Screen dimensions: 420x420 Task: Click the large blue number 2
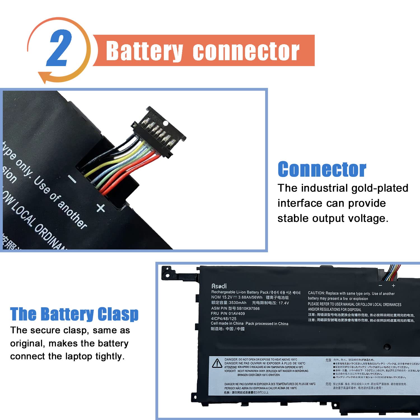coord(59,48)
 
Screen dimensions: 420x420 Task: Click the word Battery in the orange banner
coord(144,51)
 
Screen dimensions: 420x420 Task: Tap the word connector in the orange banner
coord(246,51)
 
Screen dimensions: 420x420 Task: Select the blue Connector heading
coord(322,169)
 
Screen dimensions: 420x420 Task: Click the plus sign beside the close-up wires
coord(101,208)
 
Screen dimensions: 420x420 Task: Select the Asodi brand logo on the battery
coord(219,286)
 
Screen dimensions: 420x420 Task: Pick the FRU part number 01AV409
coord(237,314)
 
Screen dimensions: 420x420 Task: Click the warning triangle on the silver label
coord(217,363)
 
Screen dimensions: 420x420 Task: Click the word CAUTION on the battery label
coord(316,293)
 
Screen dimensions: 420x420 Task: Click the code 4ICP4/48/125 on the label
coord(223,319)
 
